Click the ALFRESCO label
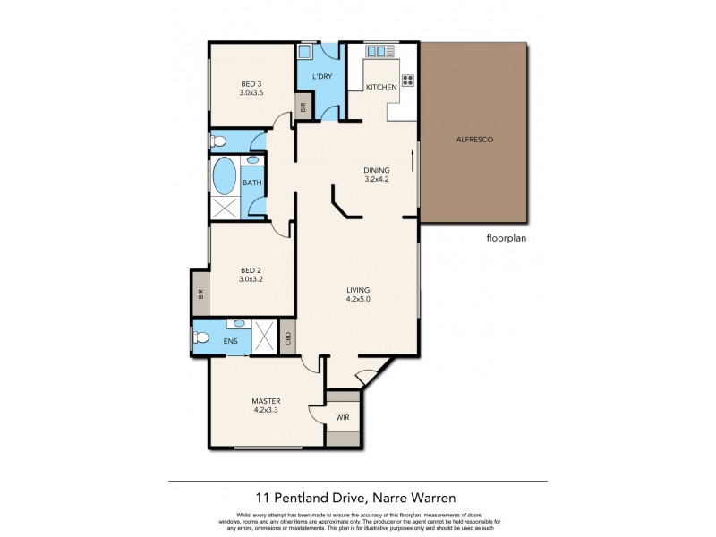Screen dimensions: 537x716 click(474, 141)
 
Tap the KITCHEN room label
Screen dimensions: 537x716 click(382, 87)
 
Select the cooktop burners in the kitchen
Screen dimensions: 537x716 click(408, 80)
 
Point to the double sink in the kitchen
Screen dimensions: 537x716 click(381, 52)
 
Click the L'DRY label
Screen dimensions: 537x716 click(323, 77)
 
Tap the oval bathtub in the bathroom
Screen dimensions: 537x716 click(225, 176)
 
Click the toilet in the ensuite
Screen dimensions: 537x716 click(202, 338)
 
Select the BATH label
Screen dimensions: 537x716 click(252, 183)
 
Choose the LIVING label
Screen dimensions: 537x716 click(359, 290)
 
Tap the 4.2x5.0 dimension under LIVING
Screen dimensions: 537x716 click(359, 301)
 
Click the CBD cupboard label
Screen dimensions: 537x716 click(287, 338)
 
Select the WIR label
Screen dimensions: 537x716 click(343, 418)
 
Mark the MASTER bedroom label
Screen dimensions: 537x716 click(266, 400)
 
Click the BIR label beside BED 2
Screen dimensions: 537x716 click(200, 293)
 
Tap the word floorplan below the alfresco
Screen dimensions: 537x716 click(508, 239)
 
